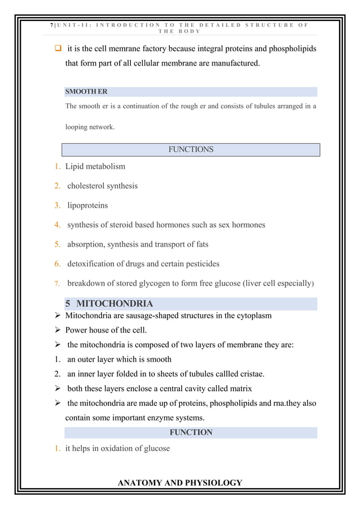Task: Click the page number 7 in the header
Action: [51, 25]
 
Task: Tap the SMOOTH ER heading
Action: [86, 91]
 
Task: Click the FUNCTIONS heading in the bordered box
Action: [191, 150]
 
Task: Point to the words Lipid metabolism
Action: [95, 166]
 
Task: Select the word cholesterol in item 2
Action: [91, 186]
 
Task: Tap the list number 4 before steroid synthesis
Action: [58, 225]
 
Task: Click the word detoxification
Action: [94, 264]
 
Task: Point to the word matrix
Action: [240, 388]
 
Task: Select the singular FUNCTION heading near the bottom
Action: [191, 432]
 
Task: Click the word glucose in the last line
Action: [155, 449]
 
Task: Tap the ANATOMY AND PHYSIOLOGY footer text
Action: [179, 482]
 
